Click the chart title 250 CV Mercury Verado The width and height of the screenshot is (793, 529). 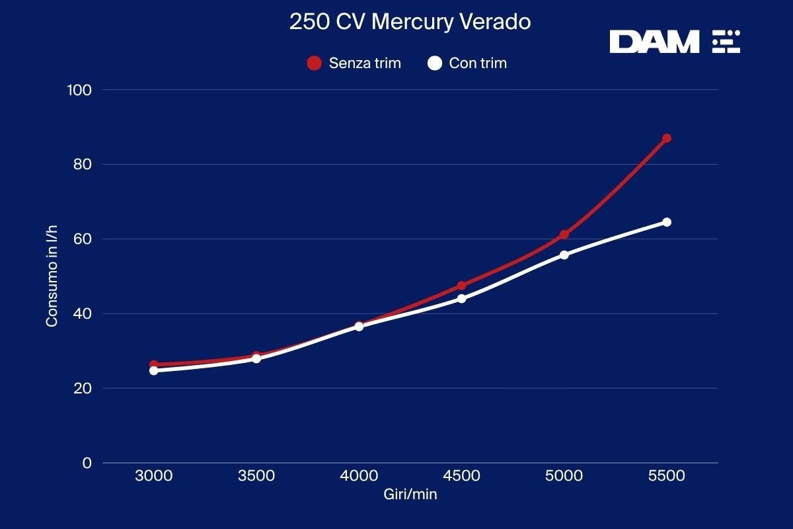click(x=410, y=22)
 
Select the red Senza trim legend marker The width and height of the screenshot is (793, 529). click(x=315, y=63)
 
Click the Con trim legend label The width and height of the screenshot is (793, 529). click(x=478, y=63)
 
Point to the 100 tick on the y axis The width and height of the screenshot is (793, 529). click(x=79, y=90)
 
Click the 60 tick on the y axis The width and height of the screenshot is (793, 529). click(x=83, y=239)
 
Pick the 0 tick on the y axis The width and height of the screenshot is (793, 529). click(x=87, y=463)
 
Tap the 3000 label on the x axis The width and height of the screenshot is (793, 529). click(x=153, y=476)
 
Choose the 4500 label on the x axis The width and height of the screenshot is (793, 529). click(x=461, y=476)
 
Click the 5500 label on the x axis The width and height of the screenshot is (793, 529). click(x=666, y=476)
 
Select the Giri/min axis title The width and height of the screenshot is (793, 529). click(x=410, y=494)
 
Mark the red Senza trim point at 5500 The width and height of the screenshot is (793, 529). click(x=667, y=138)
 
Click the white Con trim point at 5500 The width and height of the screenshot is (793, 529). click(x=667, y=222)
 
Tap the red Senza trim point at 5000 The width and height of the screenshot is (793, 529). click(x=564, y=235)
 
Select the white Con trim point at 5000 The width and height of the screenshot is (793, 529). click(x=564, y=255)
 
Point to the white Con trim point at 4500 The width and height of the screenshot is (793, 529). click(x=461, y=298)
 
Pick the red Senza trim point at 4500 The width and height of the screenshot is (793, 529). click(x=461, y=286)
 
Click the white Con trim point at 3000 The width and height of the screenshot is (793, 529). click(x=154, y=370)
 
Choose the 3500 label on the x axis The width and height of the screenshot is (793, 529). click(x=256, y=476)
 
